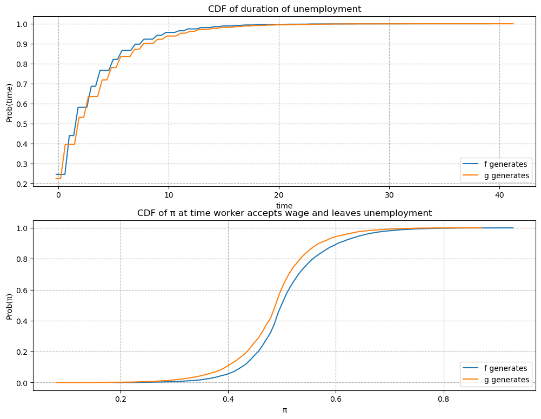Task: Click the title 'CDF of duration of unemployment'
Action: (284, 9)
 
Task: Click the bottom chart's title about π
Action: (284, 213)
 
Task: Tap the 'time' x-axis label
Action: (284, 206)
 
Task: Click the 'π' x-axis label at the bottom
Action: (284, 410)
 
